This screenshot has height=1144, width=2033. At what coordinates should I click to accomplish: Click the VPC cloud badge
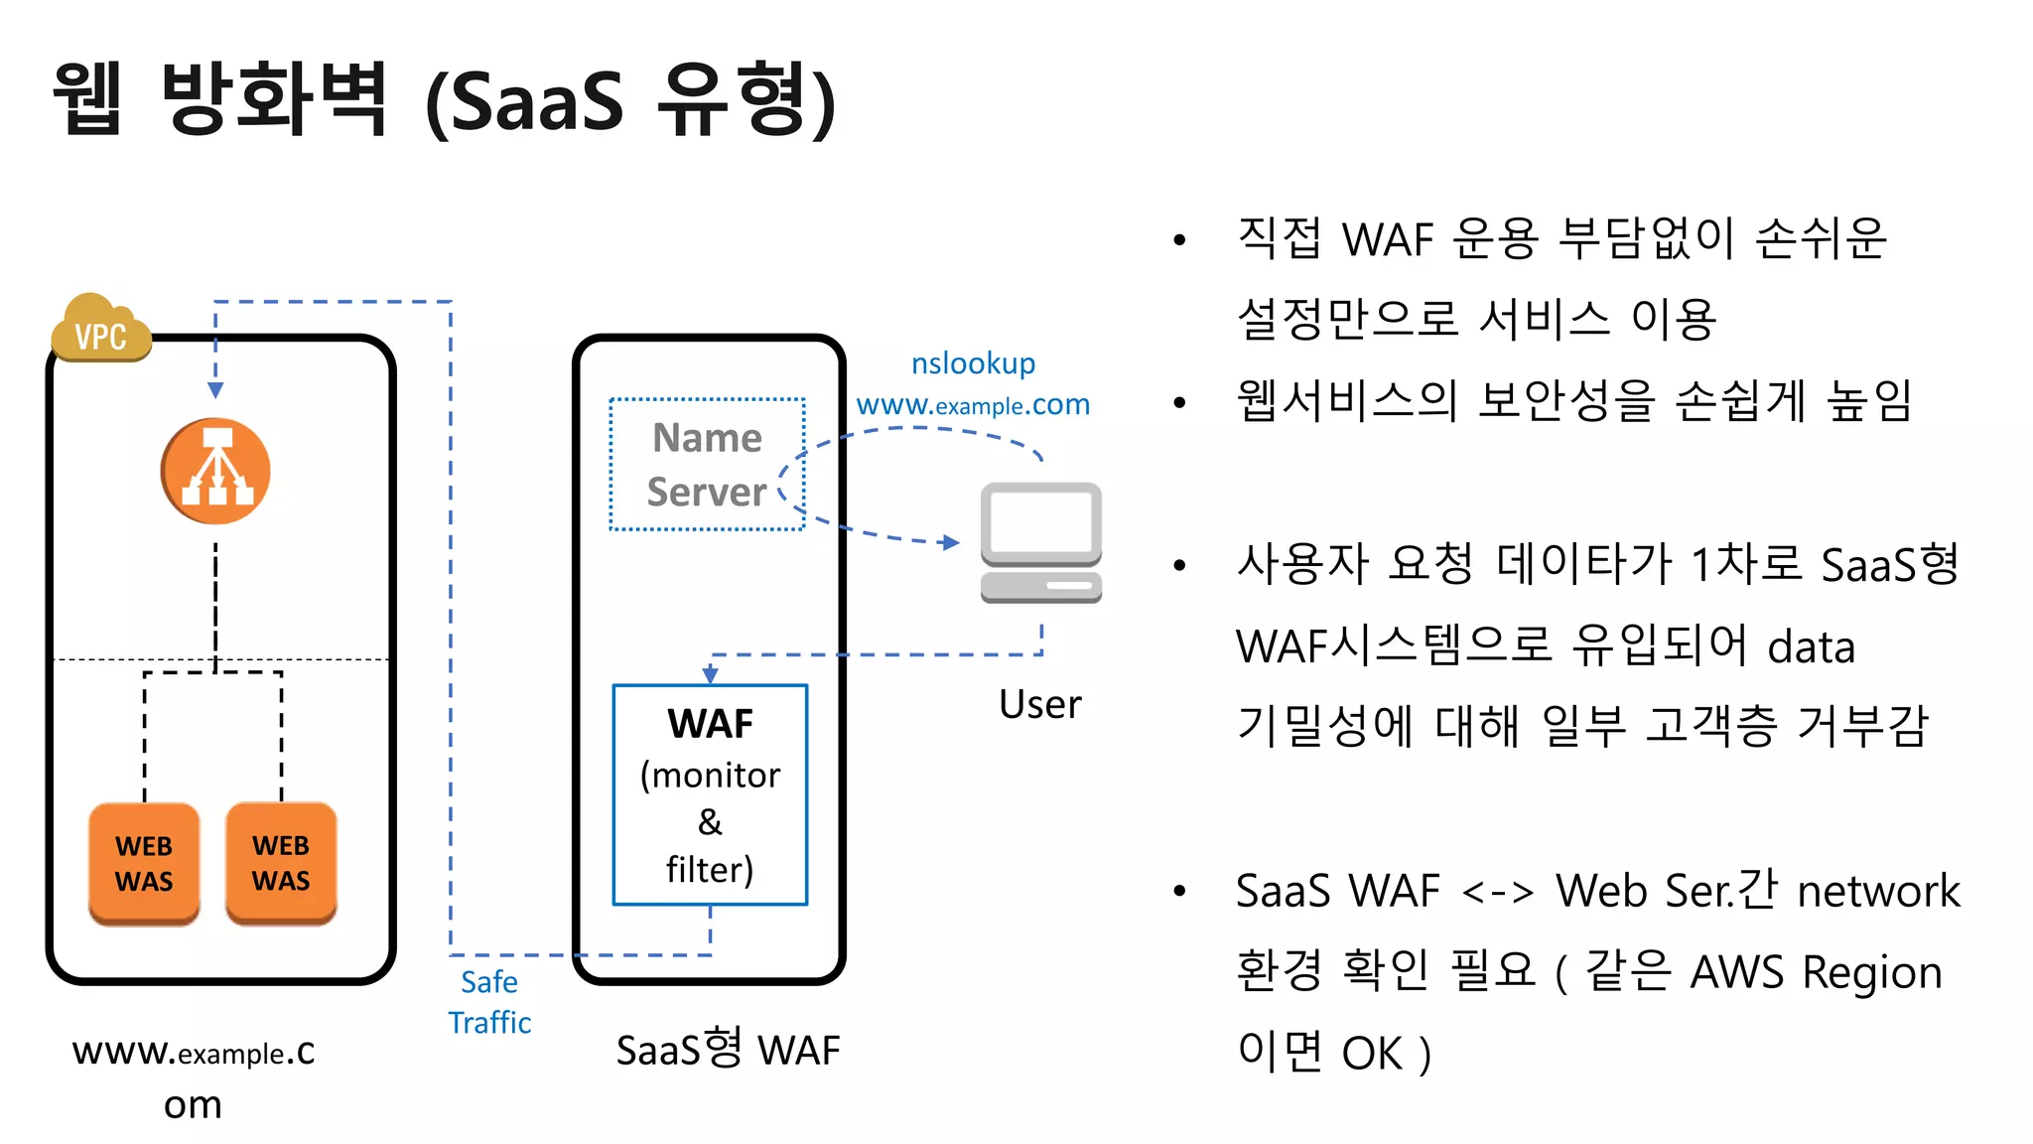pos(100,330)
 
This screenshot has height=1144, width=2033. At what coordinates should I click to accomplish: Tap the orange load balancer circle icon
pos(215,471)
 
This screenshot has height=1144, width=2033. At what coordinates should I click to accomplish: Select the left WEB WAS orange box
pos(144,864)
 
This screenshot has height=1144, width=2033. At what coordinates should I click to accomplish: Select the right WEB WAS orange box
pos(281,863)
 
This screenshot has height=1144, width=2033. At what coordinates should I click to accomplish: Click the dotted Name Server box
pos(706,465)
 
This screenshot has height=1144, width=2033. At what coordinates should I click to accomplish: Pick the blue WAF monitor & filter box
pos(710,794)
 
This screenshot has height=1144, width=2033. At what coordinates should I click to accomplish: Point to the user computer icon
pos(1040,542)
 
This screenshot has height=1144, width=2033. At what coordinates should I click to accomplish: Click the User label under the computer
pos(1039,704)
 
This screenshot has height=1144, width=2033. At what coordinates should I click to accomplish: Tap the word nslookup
pos(973,363)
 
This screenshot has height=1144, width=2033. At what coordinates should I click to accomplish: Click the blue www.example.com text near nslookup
pos(973,405)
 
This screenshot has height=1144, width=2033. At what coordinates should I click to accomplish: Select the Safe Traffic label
pos(489,1002)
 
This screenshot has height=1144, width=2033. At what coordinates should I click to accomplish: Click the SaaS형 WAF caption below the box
pos(728,1050)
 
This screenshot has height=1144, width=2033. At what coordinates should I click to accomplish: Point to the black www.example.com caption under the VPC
pos(194,1076)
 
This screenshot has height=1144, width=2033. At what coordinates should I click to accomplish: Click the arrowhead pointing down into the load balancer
pos(215,390)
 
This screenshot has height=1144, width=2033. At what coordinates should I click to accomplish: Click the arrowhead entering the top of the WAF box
pos(710,675)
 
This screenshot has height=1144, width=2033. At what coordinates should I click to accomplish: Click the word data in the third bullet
pos(1812,647)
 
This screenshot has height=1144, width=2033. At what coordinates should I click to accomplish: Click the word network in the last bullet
pos(1878,891)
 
